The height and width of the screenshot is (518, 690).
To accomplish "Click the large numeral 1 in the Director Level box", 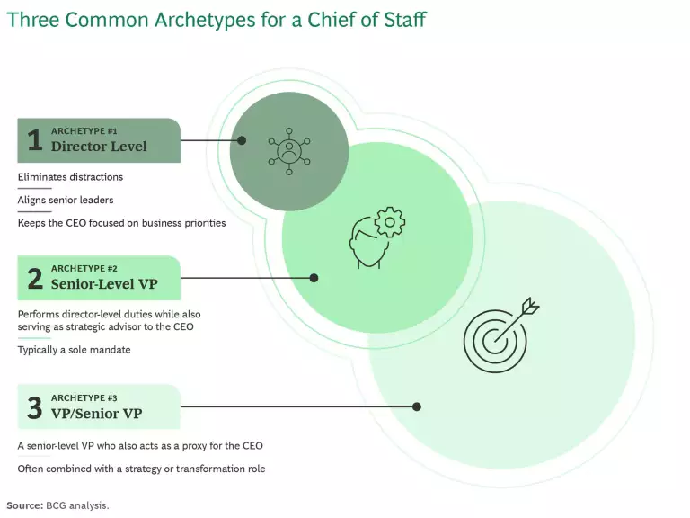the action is coord(35,140).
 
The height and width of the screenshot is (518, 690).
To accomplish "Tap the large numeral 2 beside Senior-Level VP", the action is coord(35,278).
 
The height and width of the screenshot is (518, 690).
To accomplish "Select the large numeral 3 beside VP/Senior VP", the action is coord(35,407).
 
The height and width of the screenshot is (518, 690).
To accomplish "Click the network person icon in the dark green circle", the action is coord(289,151).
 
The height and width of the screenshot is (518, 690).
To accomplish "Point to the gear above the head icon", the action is coord(390,222).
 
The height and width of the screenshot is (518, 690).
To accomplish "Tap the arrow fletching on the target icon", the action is coord(531,306).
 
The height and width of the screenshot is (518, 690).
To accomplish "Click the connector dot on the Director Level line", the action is coord(242,140).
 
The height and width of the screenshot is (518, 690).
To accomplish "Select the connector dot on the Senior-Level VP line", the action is coord(314,278).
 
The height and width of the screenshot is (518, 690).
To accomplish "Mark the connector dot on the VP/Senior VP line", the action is coord(417,406).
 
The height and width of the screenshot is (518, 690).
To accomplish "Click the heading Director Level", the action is coord(99,147).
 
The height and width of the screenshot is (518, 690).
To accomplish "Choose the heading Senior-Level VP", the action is coord(104,283).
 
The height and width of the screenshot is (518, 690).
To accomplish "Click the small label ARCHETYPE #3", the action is coord(84,398).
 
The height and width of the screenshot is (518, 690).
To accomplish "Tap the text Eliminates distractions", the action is coord(70,177).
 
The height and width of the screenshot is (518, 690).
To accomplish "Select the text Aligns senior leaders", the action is coord(66,200).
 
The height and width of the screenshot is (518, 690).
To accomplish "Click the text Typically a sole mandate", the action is coord(74,350).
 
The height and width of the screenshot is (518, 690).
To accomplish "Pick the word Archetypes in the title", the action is coord(205,21).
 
